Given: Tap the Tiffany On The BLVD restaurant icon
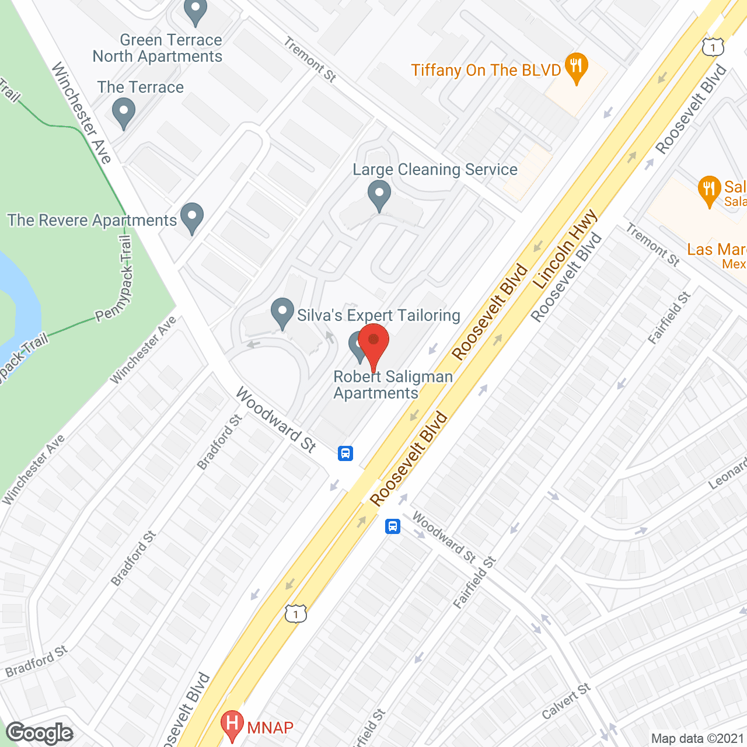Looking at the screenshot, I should [x=576, y=67].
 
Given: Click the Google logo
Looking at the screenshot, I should [x=40, y=733].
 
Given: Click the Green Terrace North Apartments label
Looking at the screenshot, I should [x=158, y=48].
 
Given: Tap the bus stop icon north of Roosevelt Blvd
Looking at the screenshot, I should [x=345, y=453].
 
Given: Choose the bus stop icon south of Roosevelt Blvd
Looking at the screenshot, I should [x=393, y=526].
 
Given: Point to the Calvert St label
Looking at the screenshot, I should [x=566, y=701].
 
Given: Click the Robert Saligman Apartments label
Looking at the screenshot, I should [x=393, y=385].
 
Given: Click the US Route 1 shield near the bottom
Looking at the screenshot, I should [x=296, y=613].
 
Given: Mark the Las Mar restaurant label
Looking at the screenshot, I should [x=717, y=250].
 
